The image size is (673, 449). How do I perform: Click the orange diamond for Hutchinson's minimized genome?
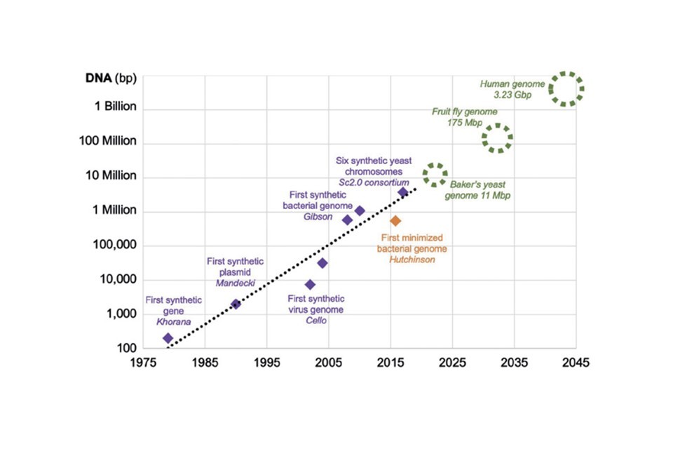395,221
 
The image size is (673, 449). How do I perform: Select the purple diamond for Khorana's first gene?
168,338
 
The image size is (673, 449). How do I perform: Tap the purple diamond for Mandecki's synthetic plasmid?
236,304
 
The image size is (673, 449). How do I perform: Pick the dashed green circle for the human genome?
566,88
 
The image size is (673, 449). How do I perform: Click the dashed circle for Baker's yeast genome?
435,175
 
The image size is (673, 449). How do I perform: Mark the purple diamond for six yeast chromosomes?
403,192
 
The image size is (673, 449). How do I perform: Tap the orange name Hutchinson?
414,259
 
